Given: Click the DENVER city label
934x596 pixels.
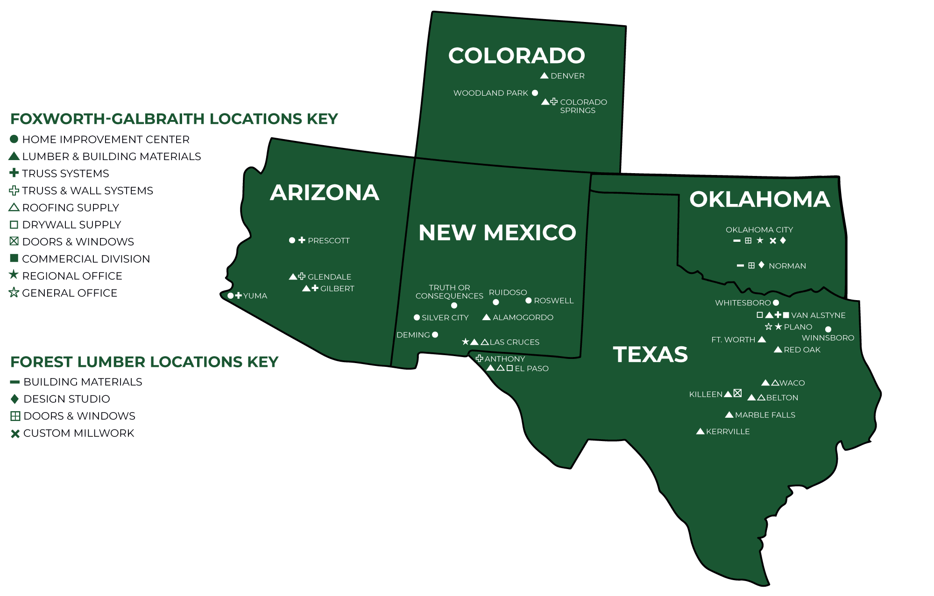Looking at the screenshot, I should (x=567, y=76).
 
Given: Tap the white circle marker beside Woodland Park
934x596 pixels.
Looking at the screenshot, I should (x=535, y=93).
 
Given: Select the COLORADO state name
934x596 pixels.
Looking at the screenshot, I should (x=517, y=56).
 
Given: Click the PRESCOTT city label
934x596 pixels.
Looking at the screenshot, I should (x=328, y=241).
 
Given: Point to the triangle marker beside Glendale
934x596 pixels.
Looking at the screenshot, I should (x=293, y=277).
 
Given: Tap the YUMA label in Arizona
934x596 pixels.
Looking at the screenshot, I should (x=255, y=296).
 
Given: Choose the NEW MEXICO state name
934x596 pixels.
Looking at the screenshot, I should (x=497, y=232).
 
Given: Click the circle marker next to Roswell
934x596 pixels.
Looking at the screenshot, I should (x=529, y=301).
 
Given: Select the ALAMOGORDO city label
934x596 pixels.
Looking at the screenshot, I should (x=523, y=317).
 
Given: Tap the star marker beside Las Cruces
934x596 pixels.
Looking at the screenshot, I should (x=465, y=342).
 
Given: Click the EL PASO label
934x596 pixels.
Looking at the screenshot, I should (x=531, y=369).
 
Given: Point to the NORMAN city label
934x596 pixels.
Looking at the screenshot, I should (x=787, y=266).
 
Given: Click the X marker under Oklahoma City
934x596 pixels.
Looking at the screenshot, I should (x=773, y=241).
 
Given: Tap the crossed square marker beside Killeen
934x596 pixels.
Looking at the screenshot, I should (x=737, y=393).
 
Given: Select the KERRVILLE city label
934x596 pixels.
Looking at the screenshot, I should (x=728, y=432).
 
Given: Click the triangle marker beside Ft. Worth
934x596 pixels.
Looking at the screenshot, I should (x=762, y=339).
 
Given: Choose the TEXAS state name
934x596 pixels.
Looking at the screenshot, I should (x=650, y=354).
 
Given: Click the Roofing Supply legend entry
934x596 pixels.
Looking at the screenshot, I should (x=70, y=208).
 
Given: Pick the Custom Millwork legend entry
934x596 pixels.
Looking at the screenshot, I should (x=78, y=433).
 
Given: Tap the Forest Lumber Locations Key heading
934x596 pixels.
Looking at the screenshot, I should (x=144, y=362).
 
